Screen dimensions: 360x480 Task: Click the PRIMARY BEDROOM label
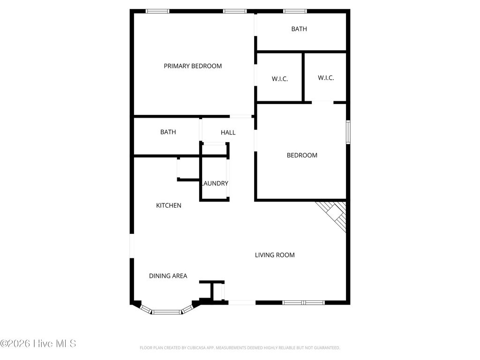193,66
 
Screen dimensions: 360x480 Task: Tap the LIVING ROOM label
275,255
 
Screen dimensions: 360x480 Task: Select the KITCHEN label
169,205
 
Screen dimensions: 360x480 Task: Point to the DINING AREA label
168,276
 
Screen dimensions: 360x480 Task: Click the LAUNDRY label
215,183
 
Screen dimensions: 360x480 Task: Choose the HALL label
228,133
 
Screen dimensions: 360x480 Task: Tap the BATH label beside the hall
168,132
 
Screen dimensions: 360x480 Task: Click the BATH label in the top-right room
299,29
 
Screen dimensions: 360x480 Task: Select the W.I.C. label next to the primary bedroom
280,79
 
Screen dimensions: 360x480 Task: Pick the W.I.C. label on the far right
326,78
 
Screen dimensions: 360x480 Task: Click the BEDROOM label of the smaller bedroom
302,155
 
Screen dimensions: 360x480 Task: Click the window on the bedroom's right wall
348,132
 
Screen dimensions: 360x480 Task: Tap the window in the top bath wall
295,11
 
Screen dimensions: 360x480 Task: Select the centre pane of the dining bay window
167,311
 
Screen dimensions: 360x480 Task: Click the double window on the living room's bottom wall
303,303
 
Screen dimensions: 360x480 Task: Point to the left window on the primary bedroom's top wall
157,11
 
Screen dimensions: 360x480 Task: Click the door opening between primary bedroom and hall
241,116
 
